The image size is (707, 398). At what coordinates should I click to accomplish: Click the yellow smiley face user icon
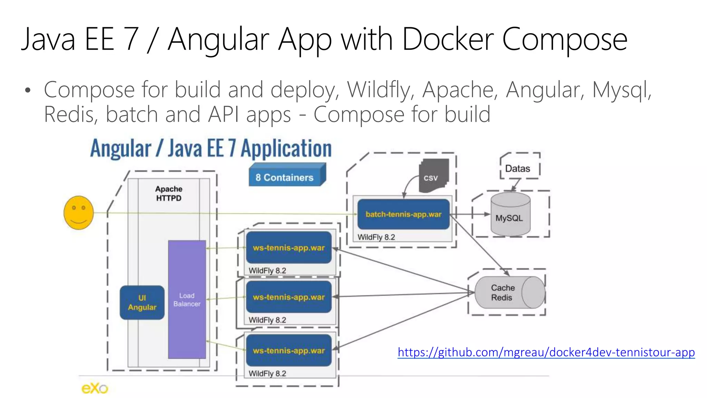[79, 212]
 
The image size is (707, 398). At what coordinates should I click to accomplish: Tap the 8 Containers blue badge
[285, 177]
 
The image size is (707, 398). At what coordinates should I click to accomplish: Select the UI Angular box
[142, 302]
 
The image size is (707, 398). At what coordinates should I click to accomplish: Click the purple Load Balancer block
[187, 300]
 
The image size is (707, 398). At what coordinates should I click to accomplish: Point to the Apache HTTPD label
[168, 193]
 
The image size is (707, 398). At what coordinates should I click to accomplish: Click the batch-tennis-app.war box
[403, 214]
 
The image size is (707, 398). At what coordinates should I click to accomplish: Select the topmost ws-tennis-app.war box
[289, 248]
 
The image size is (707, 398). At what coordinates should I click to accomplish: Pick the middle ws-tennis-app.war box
[289, 297]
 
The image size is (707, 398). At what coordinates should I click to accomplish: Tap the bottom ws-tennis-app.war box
[289, 350]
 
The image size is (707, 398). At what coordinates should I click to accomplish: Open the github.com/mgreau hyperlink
[546, 352]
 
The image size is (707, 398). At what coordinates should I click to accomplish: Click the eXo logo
[95, 388]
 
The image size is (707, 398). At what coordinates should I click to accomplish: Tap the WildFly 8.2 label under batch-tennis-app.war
[376, 237]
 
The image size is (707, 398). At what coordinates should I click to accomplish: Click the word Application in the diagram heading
[286, 149]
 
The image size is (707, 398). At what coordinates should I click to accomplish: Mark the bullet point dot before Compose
[28, 91]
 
